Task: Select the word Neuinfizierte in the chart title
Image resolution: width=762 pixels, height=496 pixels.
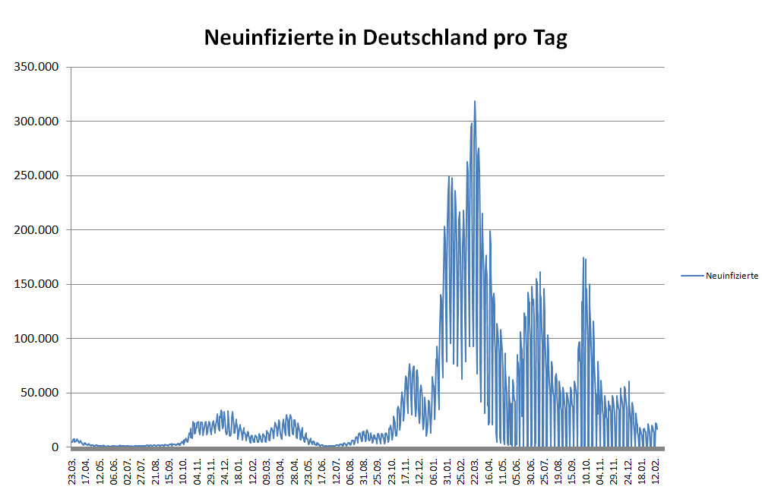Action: (x=269, y=37)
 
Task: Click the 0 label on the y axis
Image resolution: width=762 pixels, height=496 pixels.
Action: (x=55, y=447)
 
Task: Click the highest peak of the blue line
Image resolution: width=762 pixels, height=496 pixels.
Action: (x=475, y=101)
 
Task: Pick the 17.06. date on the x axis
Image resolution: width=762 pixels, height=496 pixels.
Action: (x=322, y=469)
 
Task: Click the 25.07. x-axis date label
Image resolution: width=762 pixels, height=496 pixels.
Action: (x=544, y=469)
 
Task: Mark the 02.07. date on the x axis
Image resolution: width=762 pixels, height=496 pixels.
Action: (x=128, y=469)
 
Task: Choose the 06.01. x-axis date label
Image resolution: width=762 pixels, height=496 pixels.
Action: (x=434, y=469)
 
